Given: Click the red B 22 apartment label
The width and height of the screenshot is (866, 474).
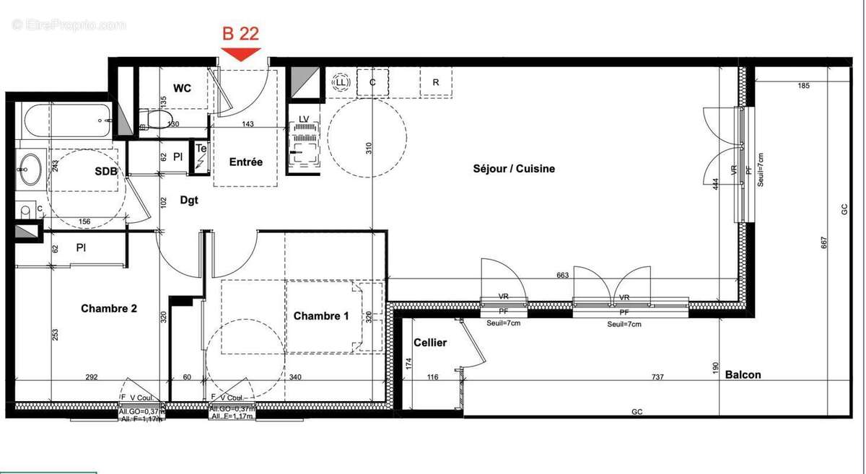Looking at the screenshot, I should coord(240,32).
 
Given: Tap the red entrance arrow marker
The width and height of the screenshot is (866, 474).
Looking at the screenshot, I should coord(240,53).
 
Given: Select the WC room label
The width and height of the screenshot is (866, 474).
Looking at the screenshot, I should coord(183,88).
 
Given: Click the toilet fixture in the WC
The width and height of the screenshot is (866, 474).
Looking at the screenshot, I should coord(155,118).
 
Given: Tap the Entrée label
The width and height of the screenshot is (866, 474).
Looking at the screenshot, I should coord(245,162).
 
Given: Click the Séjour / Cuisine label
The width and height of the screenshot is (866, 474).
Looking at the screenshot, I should coord(514,169).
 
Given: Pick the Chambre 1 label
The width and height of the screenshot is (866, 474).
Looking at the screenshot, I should coord(321,316).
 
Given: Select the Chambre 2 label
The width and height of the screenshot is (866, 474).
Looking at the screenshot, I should coord(109,308).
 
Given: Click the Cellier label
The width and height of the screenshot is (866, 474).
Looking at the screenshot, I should coord(430,343).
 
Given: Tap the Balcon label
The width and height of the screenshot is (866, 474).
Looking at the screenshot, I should coord(743,374).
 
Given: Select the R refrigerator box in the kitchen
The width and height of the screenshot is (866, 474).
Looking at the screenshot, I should coord(436,82).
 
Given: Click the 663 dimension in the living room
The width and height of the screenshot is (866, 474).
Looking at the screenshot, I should coord(563,275).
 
